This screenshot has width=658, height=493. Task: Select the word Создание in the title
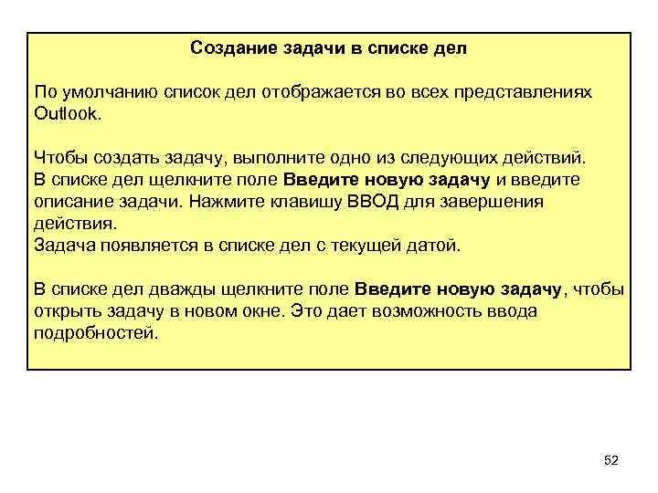[x=227, y=48]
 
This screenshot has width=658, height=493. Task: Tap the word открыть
[x=66, y=312]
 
